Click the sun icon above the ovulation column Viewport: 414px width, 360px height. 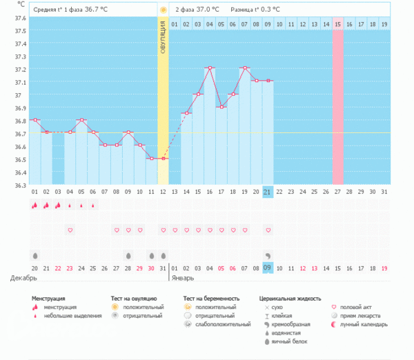163,10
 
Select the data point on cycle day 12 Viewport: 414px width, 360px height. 164,159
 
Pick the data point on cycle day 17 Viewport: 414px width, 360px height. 221,107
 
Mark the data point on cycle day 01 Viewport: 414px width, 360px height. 34,120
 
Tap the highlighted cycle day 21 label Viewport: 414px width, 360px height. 268,191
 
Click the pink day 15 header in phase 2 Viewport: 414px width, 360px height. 338,25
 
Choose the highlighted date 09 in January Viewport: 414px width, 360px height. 268,268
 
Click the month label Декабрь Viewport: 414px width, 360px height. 24,278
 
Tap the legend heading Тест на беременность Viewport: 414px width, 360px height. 212,299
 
